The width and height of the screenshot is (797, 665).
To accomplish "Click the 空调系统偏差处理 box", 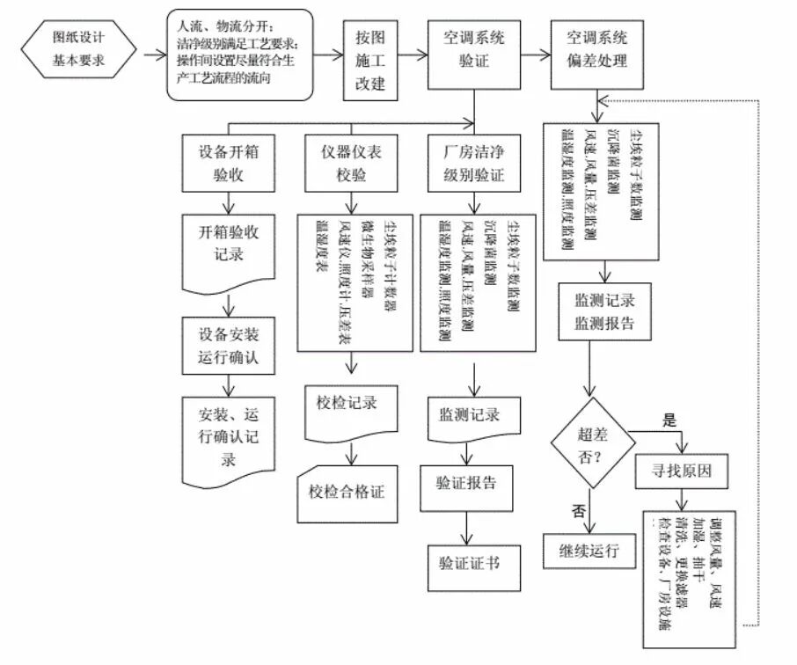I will [596, 50].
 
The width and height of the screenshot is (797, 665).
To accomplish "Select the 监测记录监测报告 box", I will [603, 312].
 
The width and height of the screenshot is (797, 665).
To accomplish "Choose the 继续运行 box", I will [590, 552].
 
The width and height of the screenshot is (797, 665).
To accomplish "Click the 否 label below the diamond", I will [579, 510].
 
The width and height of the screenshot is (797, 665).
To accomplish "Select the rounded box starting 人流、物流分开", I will [239, 54].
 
